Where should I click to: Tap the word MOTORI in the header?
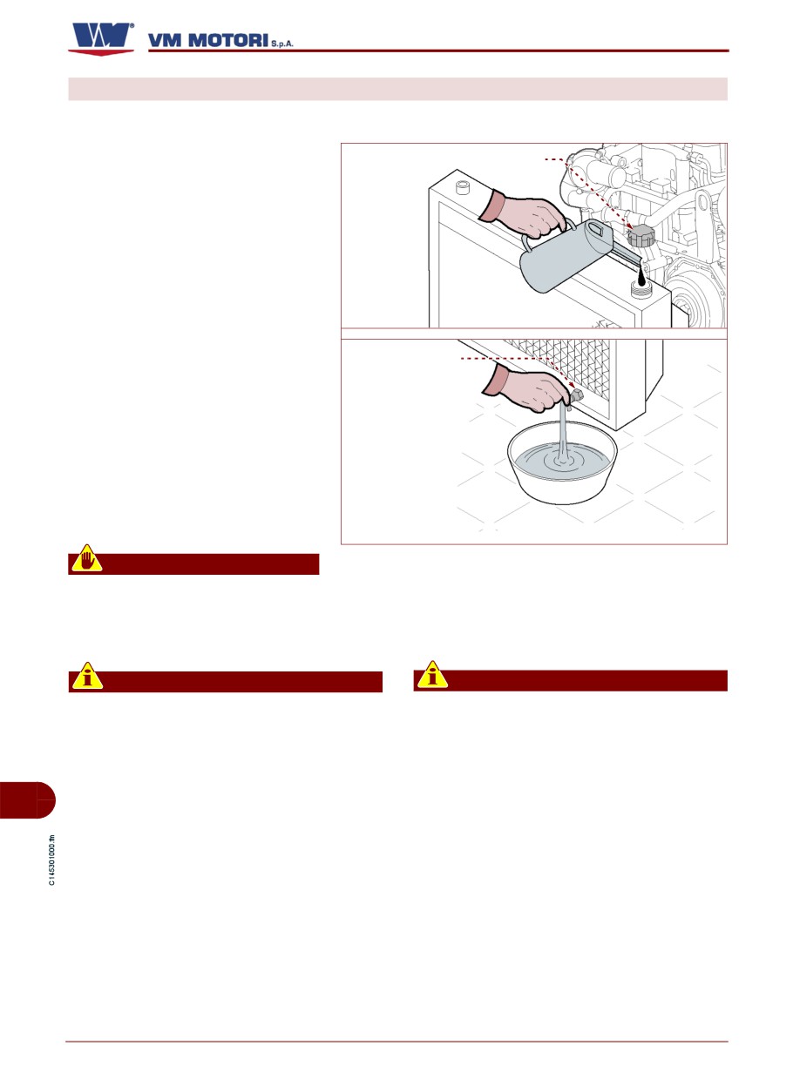(x=227, y=40)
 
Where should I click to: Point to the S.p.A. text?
(x=282, y=44)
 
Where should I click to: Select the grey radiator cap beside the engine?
(x=641, y=235)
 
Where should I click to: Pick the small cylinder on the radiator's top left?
(x=463, y=187)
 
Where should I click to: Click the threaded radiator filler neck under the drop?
(x=640, y=291)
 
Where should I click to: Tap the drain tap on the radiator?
(x=576, y=398)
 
